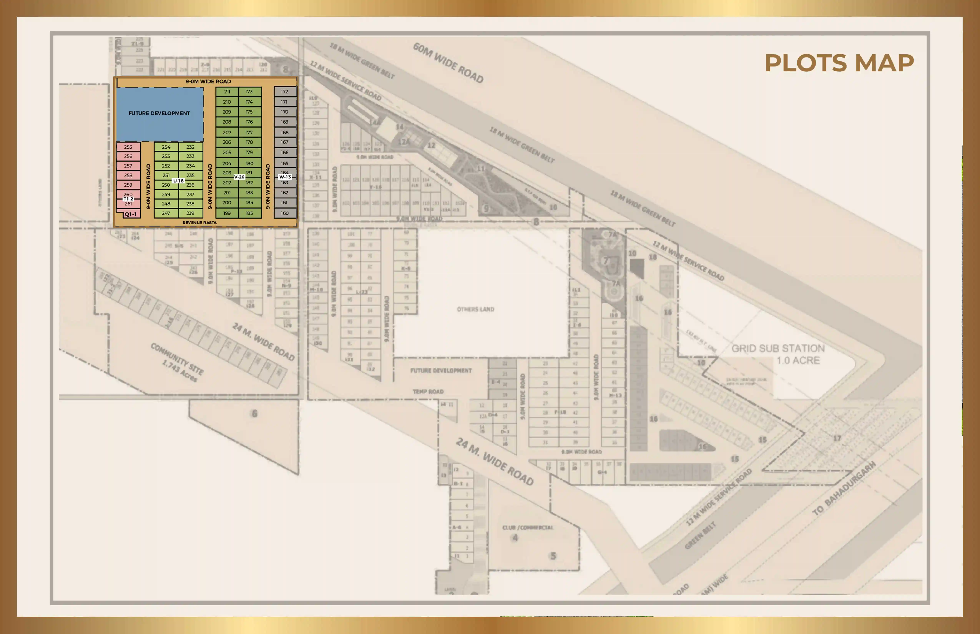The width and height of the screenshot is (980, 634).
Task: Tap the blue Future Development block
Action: click(x=159, y=113)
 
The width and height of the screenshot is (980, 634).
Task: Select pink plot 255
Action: click(x=128, y=147)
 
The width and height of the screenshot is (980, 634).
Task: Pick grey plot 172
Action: click(x=285, y=91)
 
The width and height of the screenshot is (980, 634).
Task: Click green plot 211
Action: click(x=227, y=91)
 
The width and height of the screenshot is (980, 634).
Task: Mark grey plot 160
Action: click(x=285, y=213)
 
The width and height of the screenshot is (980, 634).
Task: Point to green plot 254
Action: click(x=166, y=147)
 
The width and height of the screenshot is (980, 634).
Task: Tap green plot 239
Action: click(x=190, y=213)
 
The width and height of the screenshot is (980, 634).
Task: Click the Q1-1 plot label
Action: click(x=130, y=214)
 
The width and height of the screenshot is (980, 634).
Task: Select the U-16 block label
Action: click(x=178, y=181)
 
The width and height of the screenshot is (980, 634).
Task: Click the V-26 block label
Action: click(x=239, y=177)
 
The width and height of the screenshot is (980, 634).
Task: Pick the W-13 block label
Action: click(x=285, y=177)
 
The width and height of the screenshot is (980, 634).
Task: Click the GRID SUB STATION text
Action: click(x=778, y=349)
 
